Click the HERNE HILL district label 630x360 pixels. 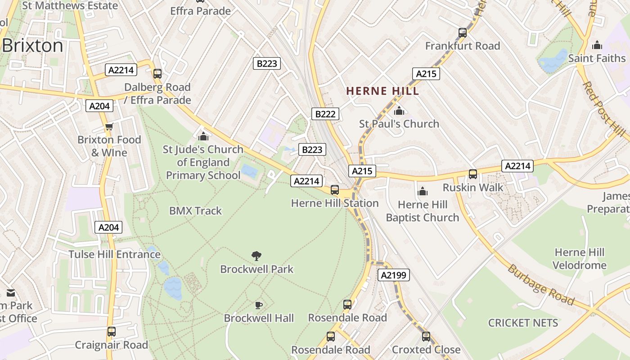tap(382, 91)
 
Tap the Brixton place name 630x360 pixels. tap(32, 46)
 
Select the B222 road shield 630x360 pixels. tap(325, 114)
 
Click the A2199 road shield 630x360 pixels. tap(394, 275)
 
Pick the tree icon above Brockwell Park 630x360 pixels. tap(256, 256)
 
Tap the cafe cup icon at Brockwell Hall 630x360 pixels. tap(258, 305)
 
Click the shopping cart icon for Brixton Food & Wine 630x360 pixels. tap(109, 127)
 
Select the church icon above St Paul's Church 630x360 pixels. tap(399, 111)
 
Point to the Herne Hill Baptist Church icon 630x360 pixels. tap(422, 192)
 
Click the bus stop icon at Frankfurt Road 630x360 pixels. tap(462, 32)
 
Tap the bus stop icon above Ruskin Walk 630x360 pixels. tap(472, 174)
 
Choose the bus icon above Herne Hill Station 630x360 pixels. tap(334, 190)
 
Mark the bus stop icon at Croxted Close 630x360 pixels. tap(426, 336)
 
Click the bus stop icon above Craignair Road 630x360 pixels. tap(111, 332)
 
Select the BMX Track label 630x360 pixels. tap(195, 211)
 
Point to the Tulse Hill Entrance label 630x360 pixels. tap(114, 254)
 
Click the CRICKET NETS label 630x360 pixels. tap(523, 323)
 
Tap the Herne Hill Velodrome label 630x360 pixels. tap(580, 259)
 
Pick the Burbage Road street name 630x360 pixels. tap(541, 285)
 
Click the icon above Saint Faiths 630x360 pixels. tap(597, 45)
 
